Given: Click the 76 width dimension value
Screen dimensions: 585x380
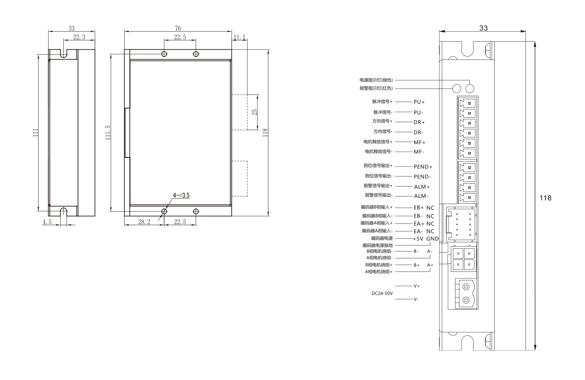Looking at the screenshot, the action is click(178, 29).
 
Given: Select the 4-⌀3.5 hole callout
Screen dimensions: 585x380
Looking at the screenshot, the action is click(181, 196).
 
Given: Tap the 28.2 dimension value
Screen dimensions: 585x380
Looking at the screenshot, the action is click(144, 222).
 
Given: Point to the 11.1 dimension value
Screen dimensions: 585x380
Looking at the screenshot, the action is click(239, 37).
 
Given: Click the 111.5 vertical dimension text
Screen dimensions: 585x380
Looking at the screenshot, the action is click(108, 133).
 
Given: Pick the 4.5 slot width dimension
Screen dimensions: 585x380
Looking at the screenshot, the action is click(47, 222).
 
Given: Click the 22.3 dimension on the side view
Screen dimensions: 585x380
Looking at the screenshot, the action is click(79, 37).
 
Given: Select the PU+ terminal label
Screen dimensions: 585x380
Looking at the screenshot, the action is click(419, 102).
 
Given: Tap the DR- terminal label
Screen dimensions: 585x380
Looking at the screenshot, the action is click(418, 133).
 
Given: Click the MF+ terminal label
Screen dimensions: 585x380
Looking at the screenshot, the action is click(419, 142).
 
